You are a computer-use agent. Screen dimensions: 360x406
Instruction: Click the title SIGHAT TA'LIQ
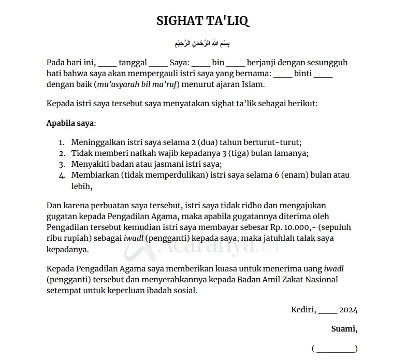point(203,21)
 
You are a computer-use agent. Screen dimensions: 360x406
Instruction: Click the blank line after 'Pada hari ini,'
point(107,63)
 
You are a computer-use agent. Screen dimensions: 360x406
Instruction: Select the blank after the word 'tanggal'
point(158,63)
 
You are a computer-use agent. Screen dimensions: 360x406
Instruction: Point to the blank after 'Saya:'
point(201,63)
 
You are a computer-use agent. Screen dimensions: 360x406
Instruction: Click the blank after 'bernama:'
point(283,74)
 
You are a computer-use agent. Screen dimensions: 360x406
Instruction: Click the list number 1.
point(61,142)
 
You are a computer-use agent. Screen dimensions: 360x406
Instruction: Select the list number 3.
point(61,164)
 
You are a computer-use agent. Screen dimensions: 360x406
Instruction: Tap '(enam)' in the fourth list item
point(298,175)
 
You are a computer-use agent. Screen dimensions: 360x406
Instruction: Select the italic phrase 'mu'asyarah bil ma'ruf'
point(134,84)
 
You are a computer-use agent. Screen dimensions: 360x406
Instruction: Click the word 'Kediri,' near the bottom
point(303,310)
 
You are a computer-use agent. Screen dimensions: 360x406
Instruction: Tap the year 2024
point(348,310)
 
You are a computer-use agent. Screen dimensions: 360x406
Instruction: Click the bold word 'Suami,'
point(344,329)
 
